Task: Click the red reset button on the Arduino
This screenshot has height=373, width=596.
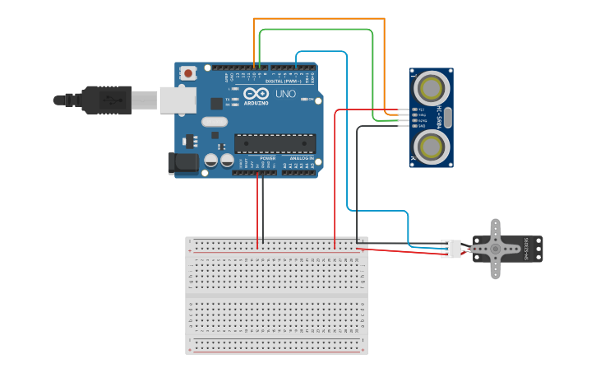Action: pos(188,73)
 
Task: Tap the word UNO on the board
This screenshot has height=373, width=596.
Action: pos(285,93)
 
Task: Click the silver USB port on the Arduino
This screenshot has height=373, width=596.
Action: pos(178,99)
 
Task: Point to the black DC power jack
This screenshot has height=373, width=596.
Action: pos(183,163)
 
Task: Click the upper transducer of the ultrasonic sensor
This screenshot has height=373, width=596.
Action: pos(432,86)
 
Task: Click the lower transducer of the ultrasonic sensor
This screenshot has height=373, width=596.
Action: pos(432,147)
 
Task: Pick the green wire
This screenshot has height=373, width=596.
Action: pos(316,30)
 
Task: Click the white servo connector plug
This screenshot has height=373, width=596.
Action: pos(451,249)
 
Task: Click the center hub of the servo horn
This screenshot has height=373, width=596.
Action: pos(495,249)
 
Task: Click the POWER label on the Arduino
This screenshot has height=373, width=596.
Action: pos(268,158)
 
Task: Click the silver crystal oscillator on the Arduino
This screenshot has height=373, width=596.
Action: pos(213,122)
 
